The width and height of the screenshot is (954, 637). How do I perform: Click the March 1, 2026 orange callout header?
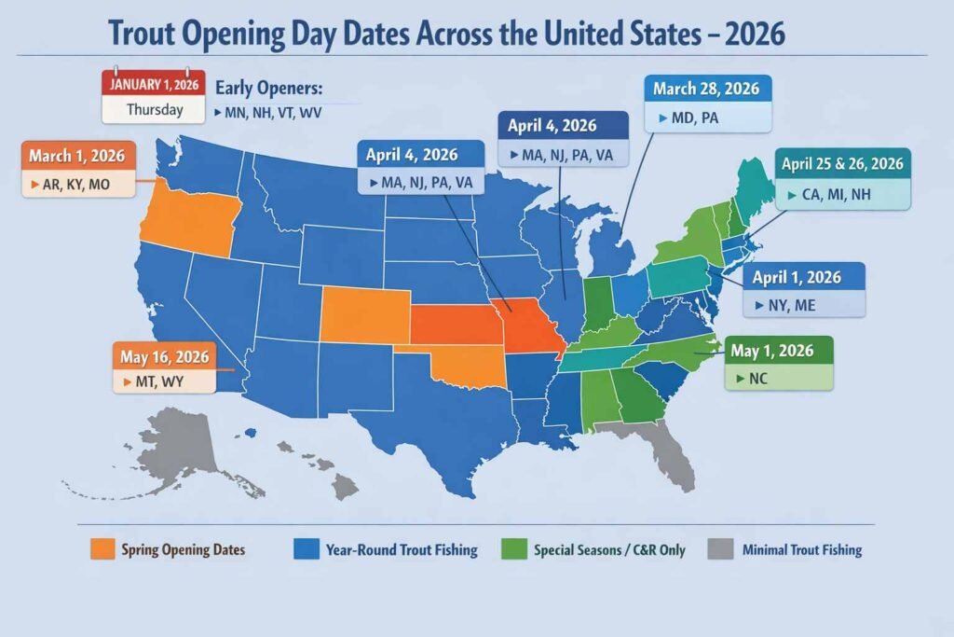tap(76, 155)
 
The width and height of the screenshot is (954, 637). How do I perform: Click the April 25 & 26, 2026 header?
tap(842, 164)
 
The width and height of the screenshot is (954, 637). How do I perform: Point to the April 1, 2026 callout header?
tap(797, 277)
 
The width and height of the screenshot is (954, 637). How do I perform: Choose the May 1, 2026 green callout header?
tap(773, 351)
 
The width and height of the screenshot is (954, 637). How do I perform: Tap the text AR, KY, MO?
tap(76, 185)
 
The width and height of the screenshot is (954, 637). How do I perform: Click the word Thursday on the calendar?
tap(154, 109)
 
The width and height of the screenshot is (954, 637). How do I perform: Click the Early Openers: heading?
tap(268, 90)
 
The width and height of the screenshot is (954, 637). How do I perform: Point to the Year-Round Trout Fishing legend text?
tap(402, 550)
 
